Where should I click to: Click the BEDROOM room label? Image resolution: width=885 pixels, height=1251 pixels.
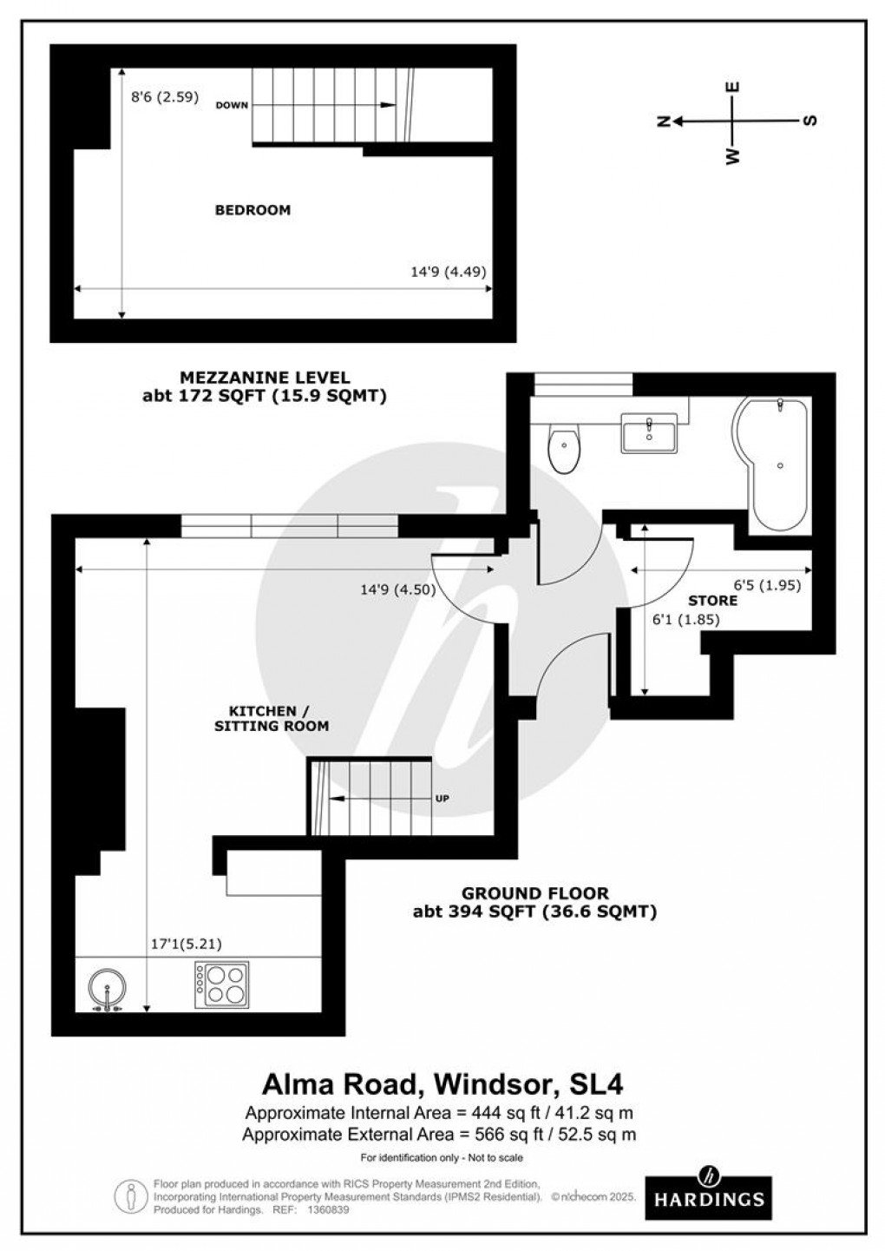252,210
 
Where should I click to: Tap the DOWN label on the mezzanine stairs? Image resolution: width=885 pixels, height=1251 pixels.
232,105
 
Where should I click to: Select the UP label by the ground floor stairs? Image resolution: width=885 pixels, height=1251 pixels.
442,798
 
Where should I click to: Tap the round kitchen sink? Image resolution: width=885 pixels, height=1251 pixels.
108,990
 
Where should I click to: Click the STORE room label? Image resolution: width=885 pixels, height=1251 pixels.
712,601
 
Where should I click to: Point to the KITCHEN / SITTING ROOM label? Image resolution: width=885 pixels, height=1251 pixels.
272,718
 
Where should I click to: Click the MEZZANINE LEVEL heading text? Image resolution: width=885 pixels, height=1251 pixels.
265,378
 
